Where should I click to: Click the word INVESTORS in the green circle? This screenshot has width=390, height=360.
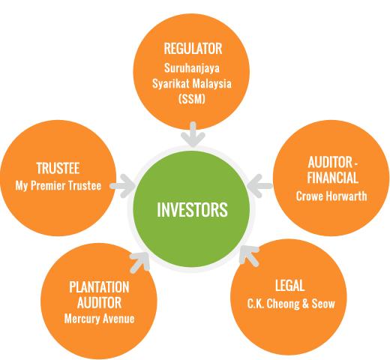click(x=192, y=209)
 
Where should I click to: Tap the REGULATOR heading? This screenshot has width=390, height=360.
click(x=193, y=49)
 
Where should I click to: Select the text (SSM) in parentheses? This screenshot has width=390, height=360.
click(x=192, y=99)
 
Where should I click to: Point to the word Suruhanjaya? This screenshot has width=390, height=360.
click(x=192, y=68)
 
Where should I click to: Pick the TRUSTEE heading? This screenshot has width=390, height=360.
click(x=58, y=168)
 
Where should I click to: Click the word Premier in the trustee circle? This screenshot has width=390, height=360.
click(x=49, y=185)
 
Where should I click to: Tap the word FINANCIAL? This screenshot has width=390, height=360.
click(x=333, y=178)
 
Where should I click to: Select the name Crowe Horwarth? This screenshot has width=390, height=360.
click(x=331, y=196)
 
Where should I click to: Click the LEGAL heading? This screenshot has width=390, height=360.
click(x=290, y=286)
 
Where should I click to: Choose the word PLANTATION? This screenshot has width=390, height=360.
click(x=99, y=287)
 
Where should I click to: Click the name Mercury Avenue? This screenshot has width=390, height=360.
click(x=99, y=319)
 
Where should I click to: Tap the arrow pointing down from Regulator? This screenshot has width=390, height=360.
click(x=193, y=134)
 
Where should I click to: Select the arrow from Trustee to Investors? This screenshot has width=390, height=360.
click(x=122, y=186)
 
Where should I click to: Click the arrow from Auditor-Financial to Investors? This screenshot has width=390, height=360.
click(x=259, y=186)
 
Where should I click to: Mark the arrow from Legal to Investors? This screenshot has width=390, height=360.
click(x=249, y=256)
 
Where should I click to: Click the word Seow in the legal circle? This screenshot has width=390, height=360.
click(x=323, y=304)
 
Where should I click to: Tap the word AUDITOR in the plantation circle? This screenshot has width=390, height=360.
click(x=99, y=303)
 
